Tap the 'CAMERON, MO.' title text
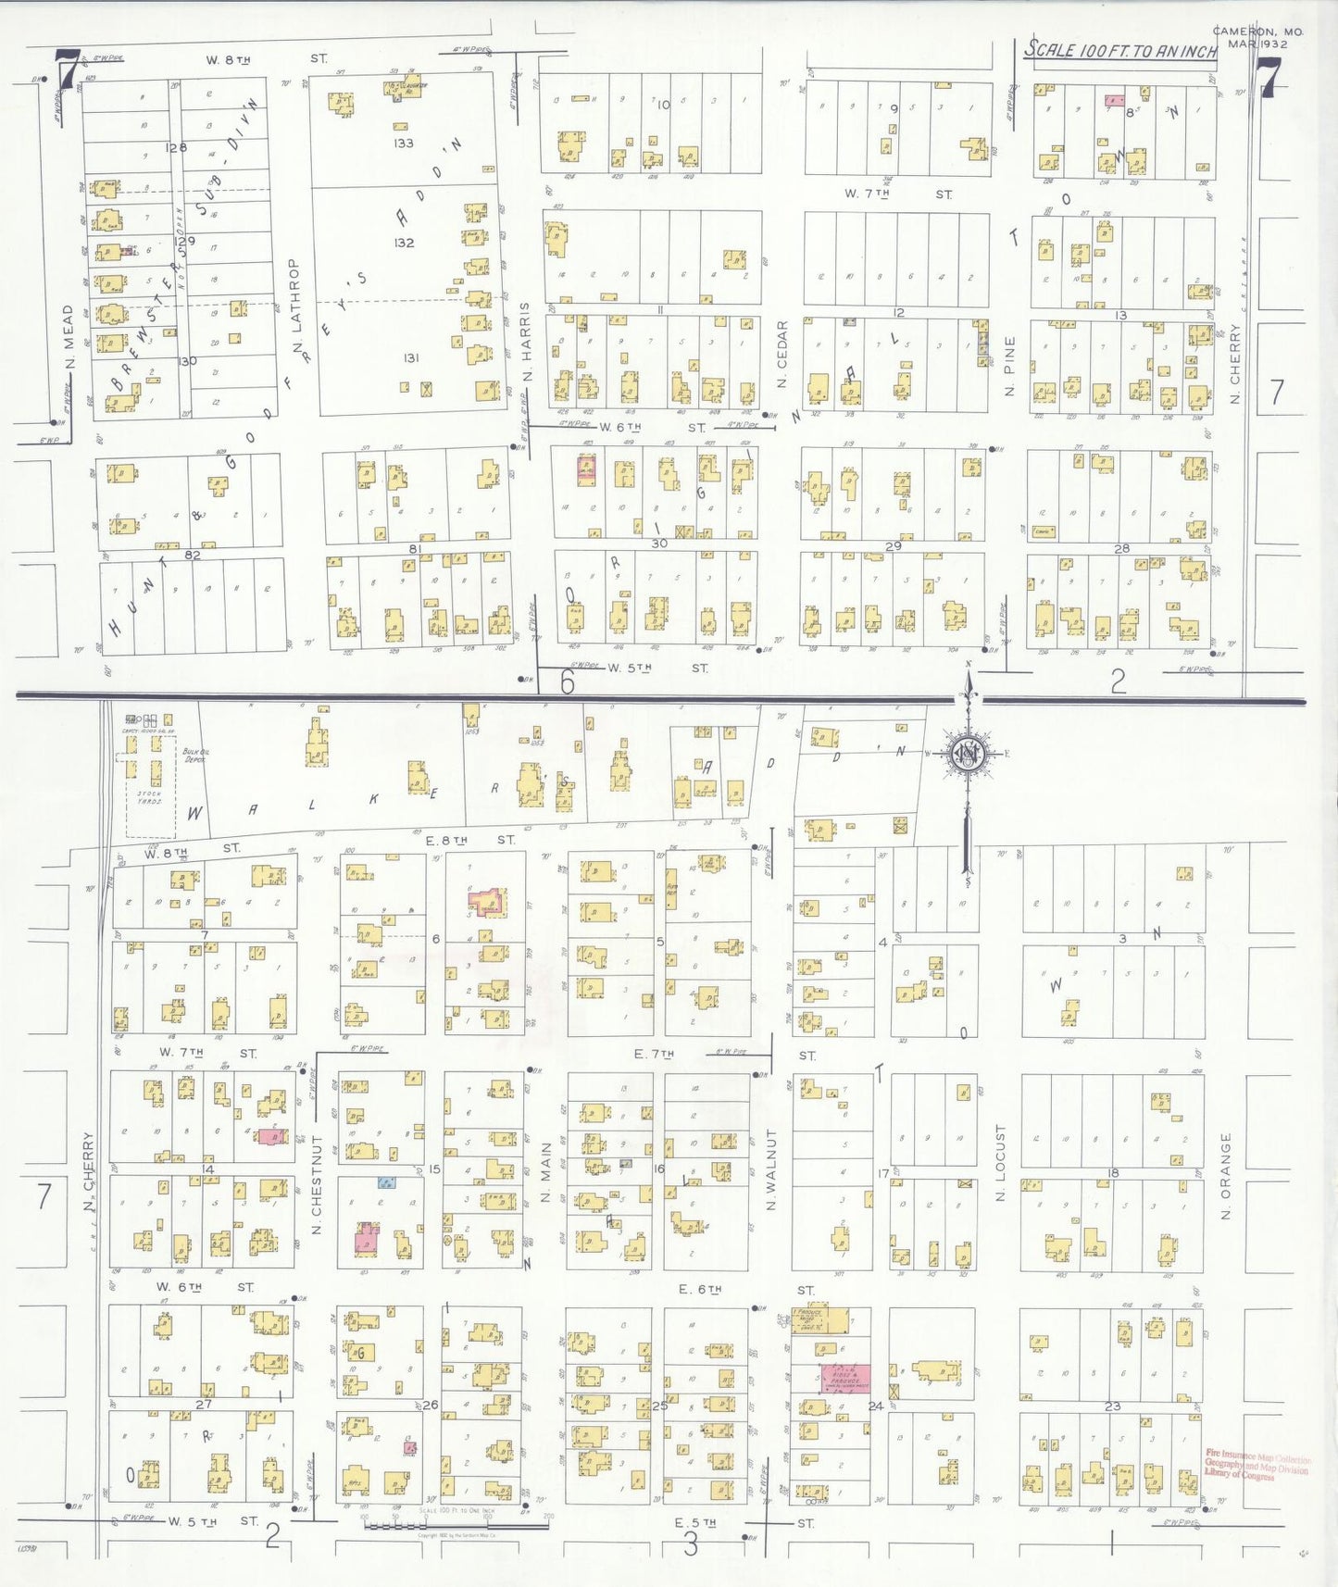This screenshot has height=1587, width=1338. click(x=1257, y=31)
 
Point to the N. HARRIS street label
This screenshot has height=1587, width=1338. click(x=526, y=343)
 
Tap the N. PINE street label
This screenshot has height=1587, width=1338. click(x=1010, y=367)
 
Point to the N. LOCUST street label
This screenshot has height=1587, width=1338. click(x=1000, y=1164)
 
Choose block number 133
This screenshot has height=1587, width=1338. click(x=403, y=144)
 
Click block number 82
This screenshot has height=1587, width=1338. click(x=193, y=555)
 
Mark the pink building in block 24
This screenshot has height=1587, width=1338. click(x=845, y=1377)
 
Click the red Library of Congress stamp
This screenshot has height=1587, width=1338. click(x=1257, y=1464)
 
